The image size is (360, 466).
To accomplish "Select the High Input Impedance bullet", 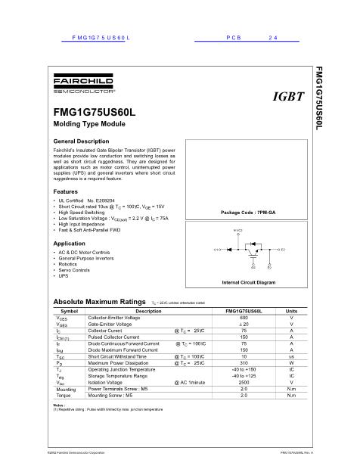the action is click(83, 223).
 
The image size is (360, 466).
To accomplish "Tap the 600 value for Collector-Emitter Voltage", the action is click(244, 318).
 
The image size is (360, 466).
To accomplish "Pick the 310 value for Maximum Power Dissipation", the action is click(244, 362).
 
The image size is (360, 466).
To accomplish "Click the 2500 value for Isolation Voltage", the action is click(244, 383).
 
